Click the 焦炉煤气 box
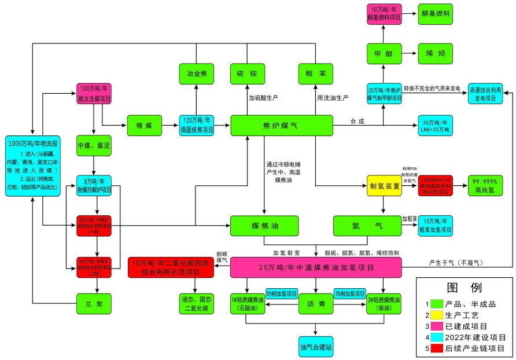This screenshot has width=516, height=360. (x=282, y=126)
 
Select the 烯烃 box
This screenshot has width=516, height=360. (x=435, y=53)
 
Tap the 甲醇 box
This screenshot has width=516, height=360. (x=384, y=53)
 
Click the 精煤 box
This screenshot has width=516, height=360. (x=144, y=126)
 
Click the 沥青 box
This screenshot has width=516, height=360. (x=316, y=303)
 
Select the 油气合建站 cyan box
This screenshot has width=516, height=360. (x=316, y=346)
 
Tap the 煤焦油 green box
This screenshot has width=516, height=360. (x=264, y=226)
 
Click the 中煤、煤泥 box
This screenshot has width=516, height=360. (x=94, y=146)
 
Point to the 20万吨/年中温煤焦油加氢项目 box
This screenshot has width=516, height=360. (x=316, y=267)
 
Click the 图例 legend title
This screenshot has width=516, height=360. (x=464, y=288)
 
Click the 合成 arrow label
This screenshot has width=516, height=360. (x=357, y=121)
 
